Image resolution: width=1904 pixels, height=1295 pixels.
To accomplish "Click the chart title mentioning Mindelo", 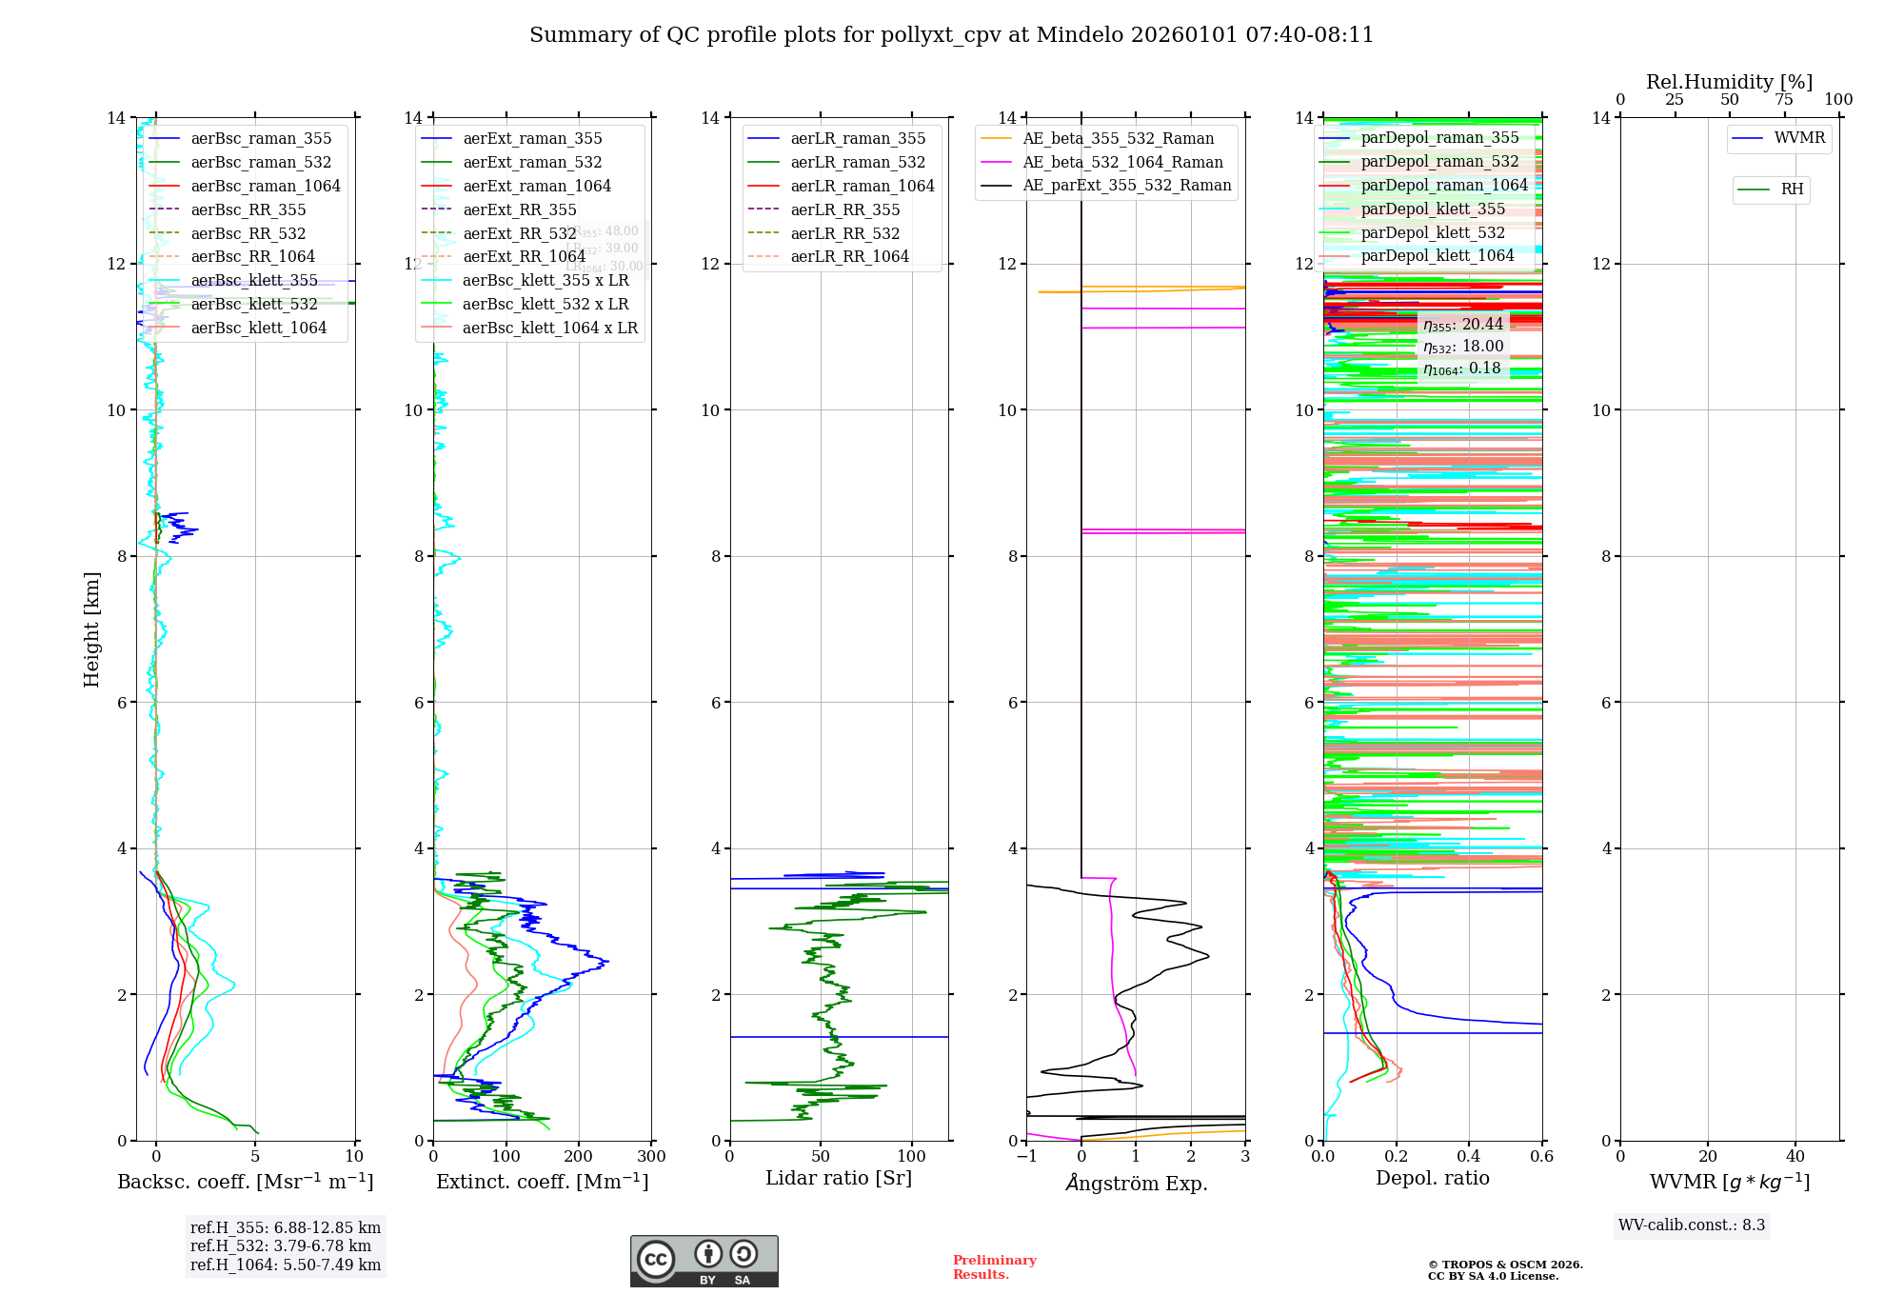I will [951, 35].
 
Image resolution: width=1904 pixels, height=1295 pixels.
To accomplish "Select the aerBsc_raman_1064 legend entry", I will [265, 186].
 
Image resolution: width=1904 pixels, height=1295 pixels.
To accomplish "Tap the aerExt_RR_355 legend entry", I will [519, 209].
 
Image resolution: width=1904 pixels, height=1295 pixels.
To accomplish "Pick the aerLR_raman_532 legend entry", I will [858, 162].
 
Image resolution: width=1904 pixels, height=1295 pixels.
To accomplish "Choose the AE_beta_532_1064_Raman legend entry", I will [1122, 162].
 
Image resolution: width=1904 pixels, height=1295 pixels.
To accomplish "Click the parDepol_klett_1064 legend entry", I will [1437, 255].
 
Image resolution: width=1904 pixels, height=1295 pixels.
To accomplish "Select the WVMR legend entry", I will [1799, 138].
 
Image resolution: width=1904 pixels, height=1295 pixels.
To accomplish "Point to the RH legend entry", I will [1792, 189].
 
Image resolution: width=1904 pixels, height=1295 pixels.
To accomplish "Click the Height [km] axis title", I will [91, 629].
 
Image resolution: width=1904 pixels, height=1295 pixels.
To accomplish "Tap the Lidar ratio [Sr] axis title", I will [838, 1178].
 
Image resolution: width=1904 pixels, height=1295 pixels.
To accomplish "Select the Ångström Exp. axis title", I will [1136, 1183].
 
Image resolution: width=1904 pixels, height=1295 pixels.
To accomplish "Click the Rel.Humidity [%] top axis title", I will [1729, 82].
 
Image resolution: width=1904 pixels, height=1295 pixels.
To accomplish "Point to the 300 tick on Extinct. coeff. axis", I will [651, 1156].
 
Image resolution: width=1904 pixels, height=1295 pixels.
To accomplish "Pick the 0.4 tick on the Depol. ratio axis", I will [1469, 1156].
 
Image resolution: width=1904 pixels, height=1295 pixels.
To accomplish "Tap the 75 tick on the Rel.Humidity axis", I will [1784, 99].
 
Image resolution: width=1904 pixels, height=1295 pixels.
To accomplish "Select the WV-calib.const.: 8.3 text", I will [1691, 1225].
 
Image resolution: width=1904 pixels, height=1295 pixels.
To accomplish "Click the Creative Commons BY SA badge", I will [704, 1261].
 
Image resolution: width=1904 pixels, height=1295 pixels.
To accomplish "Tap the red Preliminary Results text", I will [994, 1266].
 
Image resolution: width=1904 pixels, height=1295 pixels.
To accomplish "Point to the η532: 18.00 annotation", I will [1463, 347].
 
